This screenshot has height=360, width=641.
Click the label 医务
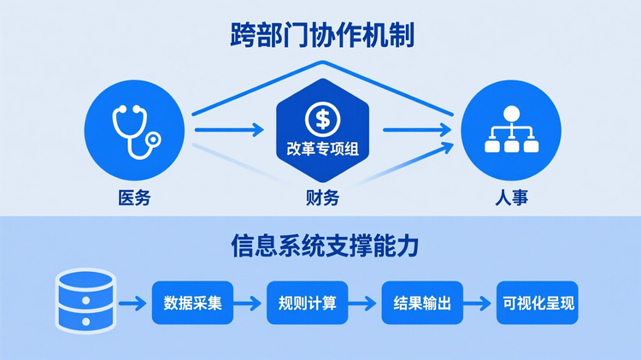click(x=135, y=198)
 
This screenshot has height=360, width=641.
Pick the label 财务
click(x=322, y=198)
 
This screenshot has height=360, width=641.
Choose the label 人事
click(x=510, y=198)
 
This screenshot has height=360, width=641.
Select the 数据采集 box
click(x=192, y=302)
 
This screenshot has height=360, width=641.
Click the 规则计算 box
click(x=308, y=302)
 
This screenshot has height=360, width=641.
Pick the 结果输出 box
click(x=422, y=302)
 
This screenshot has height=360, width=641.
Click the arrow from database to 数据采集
click(x=133, y=303)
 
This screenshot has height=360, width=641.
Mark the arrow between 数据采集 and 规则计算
click(x=249, y=303)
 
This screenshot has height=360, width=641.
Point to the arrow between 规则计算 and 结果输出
click(x=365, y=303)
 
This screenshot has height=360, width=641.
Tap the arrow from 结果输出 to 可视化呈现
click(x=480, y=303)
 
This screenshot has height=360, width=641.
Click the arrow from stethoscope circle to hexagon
click(x=229, y=131)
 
